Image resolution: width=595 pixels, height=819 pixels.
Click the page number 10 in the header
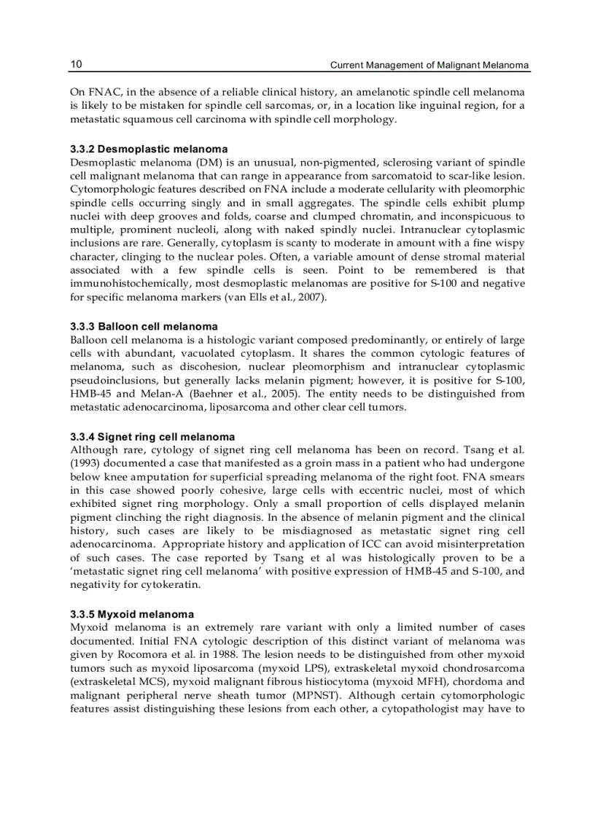click(x=76, y=65)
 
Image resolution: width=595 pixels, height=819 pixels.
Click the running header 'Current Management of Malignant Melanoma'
click(x=429, y=66)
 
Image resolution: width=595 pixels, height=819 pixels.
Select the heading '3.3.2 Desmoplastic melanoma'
click(x=149, y=149)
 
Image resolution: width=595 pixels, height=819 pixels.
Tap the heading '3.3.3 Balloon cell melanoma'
click(x=144, y=326)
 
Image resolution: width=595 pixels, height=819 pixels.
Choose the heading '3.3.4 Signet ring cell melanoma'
click(x=152, y=437)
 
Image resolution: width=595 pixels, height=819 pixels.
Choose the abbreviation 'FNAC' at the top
click(x=101, y=93)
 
